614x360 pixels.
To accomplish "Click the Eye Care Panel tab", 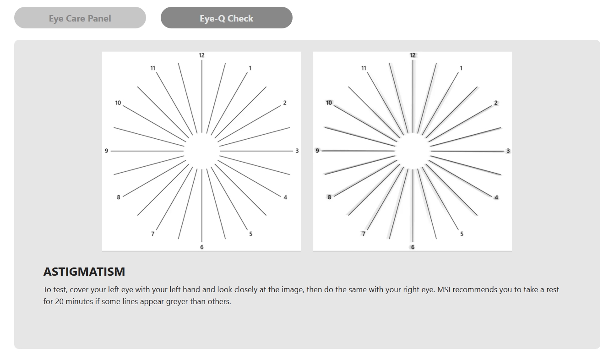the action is point(80,18).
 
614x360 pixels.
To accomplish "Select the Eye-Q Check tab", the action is point(226,18).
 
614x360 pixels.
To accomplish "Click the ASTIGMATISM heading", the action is point(84,272).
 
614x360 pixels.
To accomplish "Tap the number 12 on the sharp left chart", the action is point(202,55).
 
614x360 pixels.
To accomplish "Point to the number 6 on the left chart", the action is point(202,247).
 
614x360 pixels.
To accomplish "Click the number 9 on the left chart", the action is point(106,151).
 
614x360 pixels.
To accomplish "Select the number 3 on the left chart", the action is point(297,151).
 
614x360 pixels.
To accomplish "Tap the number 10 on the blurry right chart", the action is point(329,103).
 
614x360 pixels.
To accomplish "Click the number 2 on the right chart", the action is point(495,103).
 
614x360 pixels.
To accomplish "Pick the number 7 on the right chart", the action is point(364,234).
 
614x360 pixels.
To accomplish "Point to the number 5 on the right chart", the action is point(462,234).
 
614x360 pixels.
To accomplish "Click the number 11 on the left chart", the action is point(152,68).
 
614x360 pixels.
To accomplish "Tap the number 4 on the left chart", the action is point(285,197).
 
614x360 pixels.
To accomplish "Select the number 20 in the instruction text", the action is point(59,301).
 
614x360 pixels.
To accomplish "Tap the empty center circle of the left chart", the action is point(202,151).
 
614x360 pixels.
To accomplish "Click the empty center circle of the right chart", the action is point(413,151).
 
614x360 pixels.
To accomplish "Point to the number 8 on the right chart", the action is point(329,197).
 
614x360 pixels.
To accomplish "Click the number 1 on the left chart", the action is point(250,68).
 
